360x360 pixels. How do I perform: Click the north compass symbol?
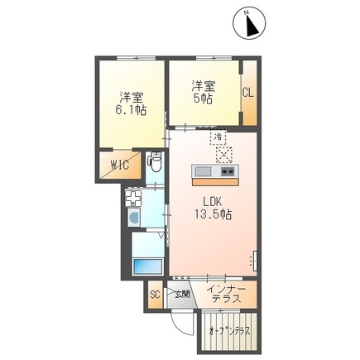click(x=249, y=23)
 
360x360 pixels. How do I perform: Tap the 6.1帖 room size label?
click(x=131, y=110)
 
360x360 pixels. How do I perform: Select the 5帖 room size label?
click(x=204, y=98)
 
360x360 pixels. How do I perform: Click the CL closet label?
click(x=248, y=93)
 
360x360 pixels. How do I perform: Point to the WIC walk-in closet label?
click(x=120, y=166)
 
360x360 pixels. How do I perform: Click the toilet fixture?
click(x=155, y=163)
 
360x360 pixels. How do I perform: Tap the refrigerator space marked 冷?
click(x=218, y=137)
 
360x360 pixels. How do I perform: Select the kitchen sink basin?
click(x=203, y=171)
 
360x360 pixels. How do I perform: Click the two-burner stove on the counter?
click(x=228, y=171)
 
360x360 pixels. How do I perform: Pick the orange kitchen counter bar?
click(x=215, y=182)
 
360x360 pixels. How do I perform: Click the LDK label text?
click(x=213, y=202)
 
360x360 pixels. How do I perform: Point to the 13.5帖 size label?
click(x=214, y=214)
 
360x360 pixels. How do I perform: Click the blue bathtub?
click(x=147, y=266)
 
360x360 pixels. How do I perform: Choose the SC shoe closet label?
click(x=155, y=295)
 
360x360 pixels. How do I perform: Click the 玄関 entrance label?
click(x=183, y=295)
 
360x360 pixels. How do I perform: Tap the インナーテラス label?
click(x=226, y=294)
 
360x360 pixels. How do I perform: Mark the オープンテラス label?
click(x=230, y=331)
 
